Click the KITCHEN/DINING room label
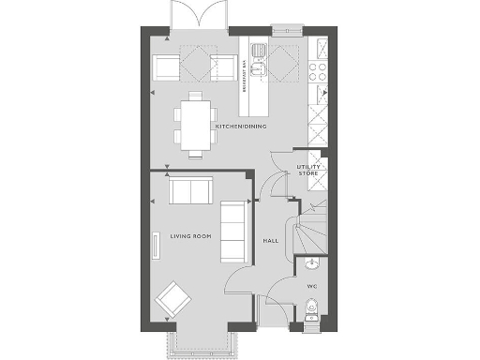point(242,126)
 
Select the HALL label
point(271,241)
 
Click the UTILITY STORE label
point(308,170)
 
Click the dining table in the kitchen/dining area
point(194,122)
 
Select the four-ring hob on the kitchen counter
point(318,67)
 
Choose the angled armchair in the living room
point(172,301)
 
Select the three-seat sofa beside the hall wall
point(232,231)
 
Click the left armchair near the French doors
point(167,66)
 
